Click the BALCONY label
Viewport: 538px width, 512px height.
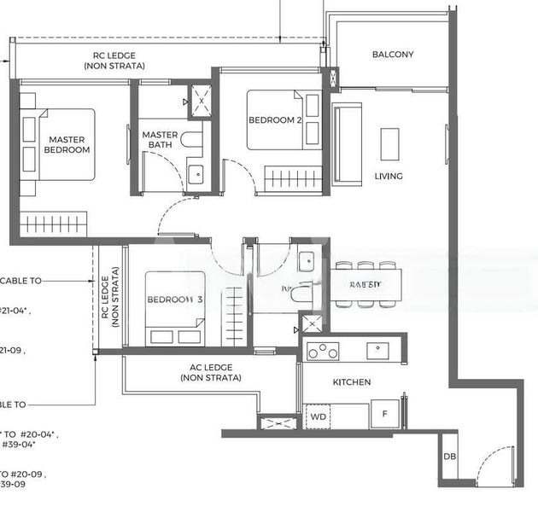(x=393, y=55)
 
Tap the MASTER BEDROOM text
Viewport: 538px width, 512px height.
(x=68, y=144)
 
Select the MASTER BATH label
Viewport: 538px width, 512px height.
(x=160, y=140)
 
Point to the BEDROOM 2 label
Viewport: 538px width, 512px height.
(x=275, y=120)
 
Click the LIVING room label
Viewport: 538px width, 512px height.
(x=389, y=177)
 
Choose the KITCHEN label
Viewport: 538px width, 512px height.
(x=351, y=382)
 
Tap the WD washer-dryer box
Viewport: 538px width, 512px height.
(x=319, y=416)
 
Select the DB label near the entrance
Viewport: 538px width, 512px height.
(x=449, y=457)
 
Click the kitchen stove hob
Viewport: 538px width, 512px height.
(x=324, y=351)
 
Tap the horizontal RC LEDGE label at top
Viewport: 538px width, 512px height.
(x=120, y=60)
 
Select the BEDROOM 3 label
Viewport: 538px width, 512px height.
(x=175, y=300)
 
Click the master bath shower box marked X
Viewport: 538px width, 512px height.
(x=202, y=100)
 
